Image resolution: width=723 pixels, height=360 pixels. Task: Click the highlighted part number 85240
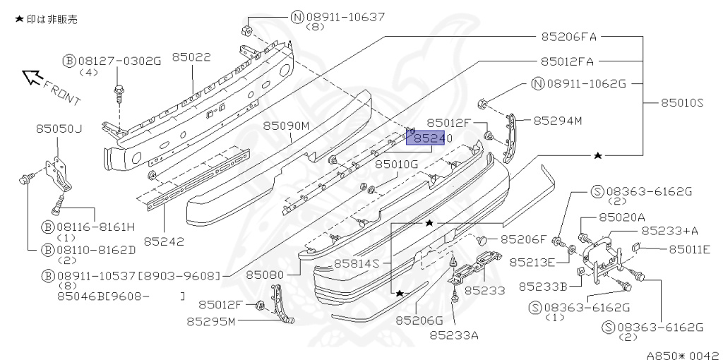(429, 139)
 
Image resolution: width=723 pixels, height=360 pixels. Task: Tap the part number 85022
(191, 57)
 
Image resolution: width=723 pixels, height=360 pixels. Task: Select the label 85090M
(287, 126)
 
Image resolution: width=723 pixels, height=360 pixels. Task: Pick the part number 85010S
(682, 102)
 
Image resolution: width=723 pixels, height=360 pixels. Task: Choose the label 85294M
(557, 121)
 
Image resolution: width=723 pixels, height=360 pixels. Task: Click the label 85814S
(357, 263)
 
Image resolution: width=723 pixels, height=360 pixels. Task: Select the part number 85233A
(454, 335)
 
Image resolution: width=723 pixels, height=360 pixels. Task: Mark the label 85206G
(419, 320)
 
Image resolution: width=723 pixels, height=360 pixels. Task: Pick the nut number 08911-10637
(335, 16)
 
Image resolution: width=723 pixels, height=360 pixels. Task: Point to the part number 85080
(265, 272)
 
